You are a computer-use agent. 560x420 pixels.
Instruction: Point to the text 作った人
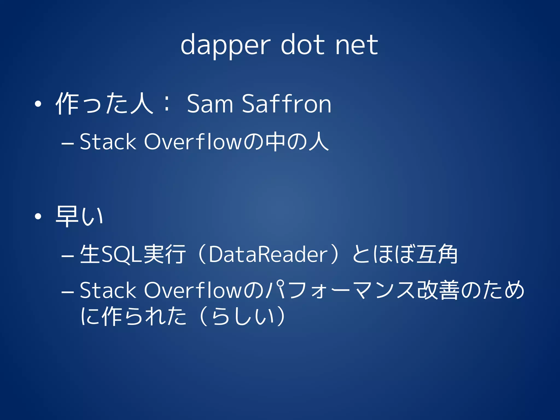[104, 104]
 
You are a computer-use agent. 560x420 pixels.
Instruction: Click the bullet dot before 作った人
[38, 104]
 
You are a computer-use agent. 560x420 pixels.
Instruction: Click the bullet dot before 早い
[38, 217]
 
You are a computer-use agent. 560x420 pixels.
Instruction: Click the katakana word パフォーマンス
[340, 290]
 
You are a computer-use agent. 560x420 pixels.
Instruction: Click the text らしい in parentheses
[243, 316]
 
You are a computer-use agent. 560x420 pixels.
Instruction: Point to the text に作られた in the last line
[133, 316]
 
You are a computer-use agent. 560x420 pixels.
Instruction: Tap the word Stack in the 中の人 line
[108, 142]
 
